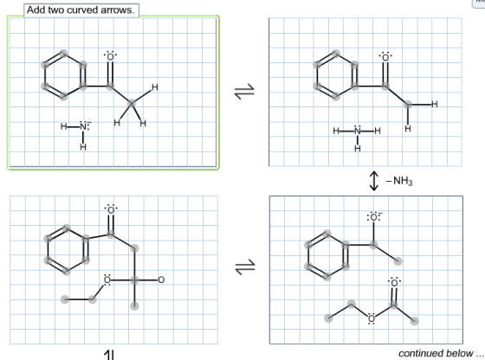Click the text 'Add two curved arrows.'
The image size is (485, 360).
[x=81, y=10]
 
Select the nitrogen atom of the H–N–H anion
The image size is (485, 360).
[x=83, y=126]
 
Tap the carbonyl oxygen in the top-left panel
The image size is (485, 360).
[x=110, y=56]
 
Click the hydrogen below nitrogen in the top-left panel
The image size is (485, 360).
[x=83, y=147]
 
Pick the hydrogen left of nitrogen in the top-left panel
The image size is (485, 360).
[x=64, y=126]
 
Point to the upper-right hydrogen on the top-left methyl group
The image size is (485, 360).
[x=155, y=87]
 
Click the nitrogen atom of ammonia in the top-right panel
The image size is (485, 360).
[x=358, y=131]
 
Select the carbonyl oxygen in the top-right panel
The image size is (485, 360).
[x=385, y=57]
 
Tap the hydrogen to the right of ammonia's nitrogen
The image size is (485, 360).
[x=378, y=131]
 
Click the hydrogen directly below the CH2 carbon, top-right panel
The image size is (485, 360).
[x=408, y=128]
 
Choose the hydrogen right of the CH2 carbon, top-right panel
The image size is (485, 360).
[x=435, y=105]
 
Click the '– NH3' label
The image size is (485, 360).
[x=399, y=181]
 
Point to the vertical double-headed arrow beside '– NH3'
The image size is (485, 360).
[x=374, y=181]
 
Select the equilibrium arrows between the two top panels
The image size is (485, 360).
[x=244, y=92]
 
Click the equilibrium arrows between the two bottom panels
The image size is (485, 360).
[x=245, y=267]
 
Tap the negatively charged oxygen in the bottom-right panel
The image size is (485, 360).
[x=373, y=217]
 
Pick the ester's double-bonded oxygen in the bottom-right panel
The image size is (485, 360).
[x=394, y=283]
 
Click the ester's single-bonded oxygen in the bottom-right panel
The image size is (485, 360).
[x=372, y=318]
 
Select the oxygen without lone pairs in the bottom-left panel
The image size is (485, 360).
[x=161, y=280]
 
